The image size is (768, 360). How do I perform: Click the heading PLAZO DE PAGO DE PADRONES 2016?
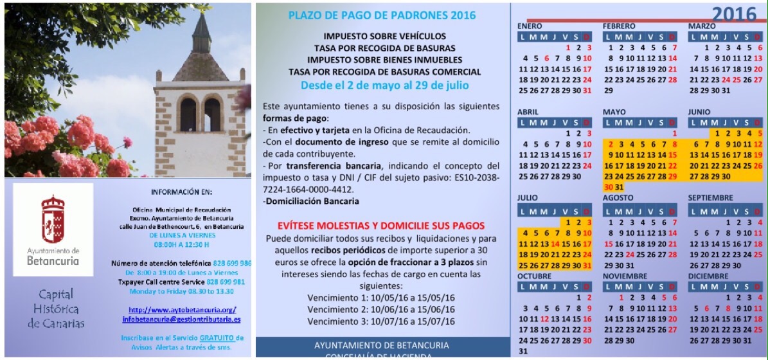coord(382,15)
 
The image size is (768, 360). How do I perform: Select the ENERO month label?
coord(530,26)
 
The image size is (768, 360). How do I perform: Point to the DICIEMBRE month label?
coord(708,276)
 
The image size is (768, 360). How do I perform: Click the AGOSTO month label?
coord(618,198)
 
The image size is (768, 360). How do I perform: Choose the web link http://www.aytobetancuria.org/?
coord(183,310)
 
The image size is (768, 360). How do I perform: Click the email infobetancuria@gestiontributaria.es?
coord(182,319)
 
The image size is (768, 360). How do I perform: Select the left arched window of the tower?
coord(188,114)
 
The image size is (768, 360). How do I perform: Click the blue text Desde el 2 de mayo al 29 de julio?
coord(384,85)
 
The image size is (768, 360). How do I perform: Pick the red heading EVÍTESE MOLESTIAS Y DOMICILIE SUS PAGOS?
coord(381,226)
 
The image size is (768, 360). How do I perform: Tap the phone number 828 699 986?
coord(232,264)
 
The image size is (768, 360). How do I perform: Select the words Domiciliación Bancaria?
coord(312,201)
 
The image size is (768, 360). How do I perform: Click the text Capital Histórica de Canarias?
coord(55,309)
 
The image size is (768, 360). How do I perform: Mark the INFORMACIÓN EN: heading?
coord(181,192)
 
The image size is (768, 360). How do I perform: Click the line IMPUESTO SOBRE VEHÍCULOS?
coord(384,36)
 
